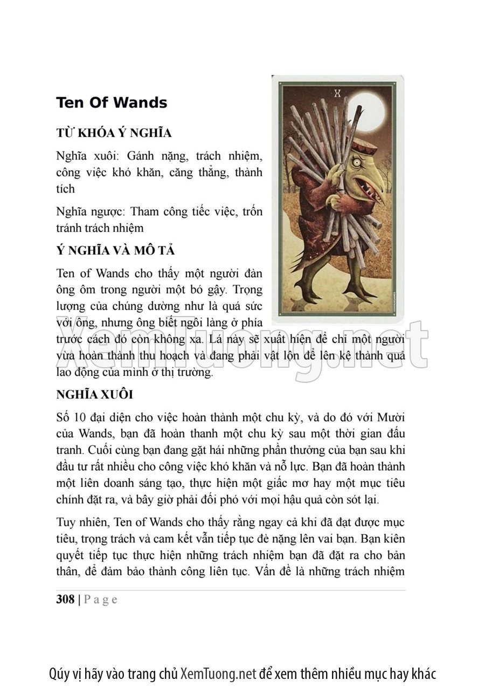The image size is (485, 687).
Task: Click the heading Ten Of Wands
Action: (x=112, y=102)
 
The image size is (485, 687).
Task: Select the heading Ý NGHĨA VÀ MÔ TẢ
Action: (x=115, y=251)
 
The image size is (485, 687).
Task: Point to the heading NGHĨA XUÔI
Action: (x=94, y=394)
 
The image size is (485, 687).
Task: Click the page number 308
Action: (x=65, y=600)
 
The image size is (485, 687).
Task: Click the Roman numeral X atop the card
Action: (x=338, y=93)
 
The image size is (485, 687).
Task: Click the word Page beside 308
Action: (x=101, y=600)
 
